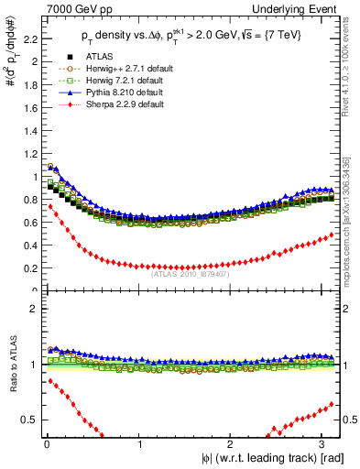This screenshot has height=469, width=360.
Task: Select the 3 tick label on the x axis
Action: point(323,444)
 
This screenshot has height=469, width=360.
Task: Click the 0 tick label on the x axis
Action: point(46,444)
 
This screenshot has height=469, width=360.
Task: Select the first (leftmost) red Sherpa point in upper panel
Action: point(50,207)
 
